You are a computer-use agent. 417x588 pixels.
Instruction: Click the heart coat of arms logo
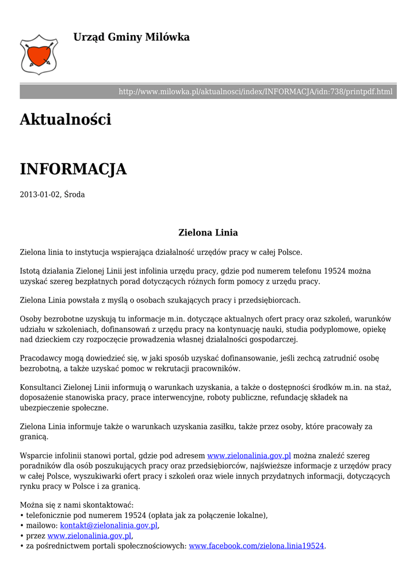pyautogui.click(x=39, y=54)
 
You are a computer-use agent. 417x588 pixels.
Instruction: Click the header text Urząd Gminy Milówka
pyautogui.click(x=131, y=37)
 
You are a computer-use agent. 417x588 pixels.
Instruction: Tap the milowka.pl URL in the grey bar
pyautogui.click(x=255, y=92)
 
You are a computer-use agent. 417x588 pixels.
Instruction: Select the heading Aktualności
pyautogui.click(x=65, y=120)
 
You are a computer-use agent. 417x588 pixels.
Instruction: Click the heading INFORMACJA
pyautogui.click(x=73, y=169)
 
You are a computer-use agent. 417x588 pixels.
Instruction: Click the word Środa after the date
pyautogui.click(x=74, y=195)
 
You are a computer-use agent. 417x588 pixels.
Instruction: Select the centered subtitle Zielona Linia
pyautogui.click(x=208, y=233)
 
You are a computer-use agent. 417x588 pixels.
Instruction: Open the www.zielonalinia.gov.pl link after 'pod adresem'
pyautogui.click(x=249, y=456)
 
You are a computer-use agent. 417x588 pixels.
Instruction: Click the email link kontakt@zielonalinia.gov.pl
pyautogui.click(x=109, y=525)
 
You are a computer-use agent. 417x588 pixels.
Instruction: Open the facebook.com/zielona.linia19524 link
pyautogui.click(x=257, y=546)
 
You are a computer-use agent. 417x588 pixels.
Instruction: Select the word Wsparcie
pyautogui.click(x=36, y=456)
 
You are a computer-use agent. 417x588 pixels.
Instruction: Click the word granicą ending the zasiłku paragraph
pyautogui.click(x=33, y=437)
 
